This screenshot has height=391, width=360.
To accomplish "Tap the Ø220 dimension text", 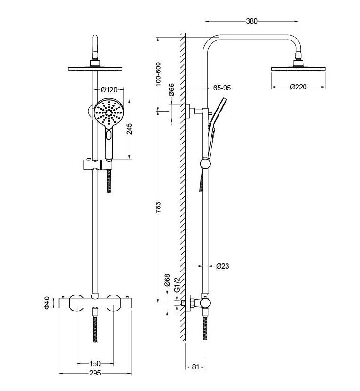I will point(299,87).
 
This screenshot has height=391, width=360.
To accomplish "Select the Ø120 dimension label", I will point(109,89).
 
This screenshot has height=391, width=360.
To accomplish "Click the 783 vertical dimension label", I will point(158,207).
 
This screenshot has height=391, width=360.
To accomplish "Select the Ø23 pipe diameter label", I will point(223,266).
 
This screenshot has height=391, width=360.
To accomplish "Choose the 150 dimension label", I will point(95,363).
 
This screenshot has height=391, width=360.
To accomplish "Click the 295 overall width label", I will point(95,374).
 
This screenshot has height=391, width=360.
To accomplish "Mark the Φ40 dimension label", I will point(47,303).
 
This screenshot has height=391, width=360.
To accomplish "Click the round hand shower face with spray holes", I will point(109,113).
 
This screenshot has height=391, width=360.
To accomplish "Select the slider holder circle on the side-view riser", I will point(205,164).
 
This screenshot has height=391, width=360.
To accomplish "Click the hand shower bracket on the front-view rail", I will point(94,165).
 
